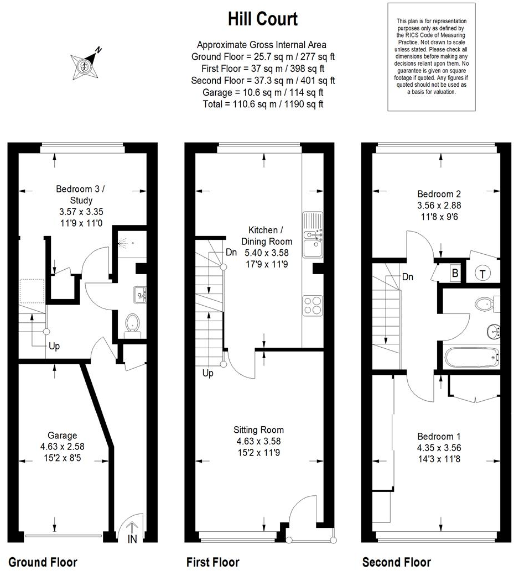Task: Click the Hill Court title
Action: pyautogui.click(x=263, y=19)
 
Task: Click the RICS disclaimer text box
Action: pyautogui.click(x=432, y=56)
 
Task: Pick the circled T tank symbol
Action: pyautogui.click(x=482, y=273)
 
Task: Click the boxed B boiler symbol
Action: pyautogui.click(x=455, y=273)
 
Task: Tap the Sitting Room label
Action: pyautogui.click(x=258, y=430)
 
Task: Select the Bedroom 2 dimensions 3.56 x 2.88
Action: pyautogui.click(x=439, y=205)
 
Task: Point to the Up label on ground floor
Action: pyautogui.click(x=54, y=347)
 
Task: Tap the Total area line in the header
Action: pyautogui.click(x=263, y=104)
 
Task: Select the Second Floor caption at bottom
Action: pyautogui.click(x=396, y=562)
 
